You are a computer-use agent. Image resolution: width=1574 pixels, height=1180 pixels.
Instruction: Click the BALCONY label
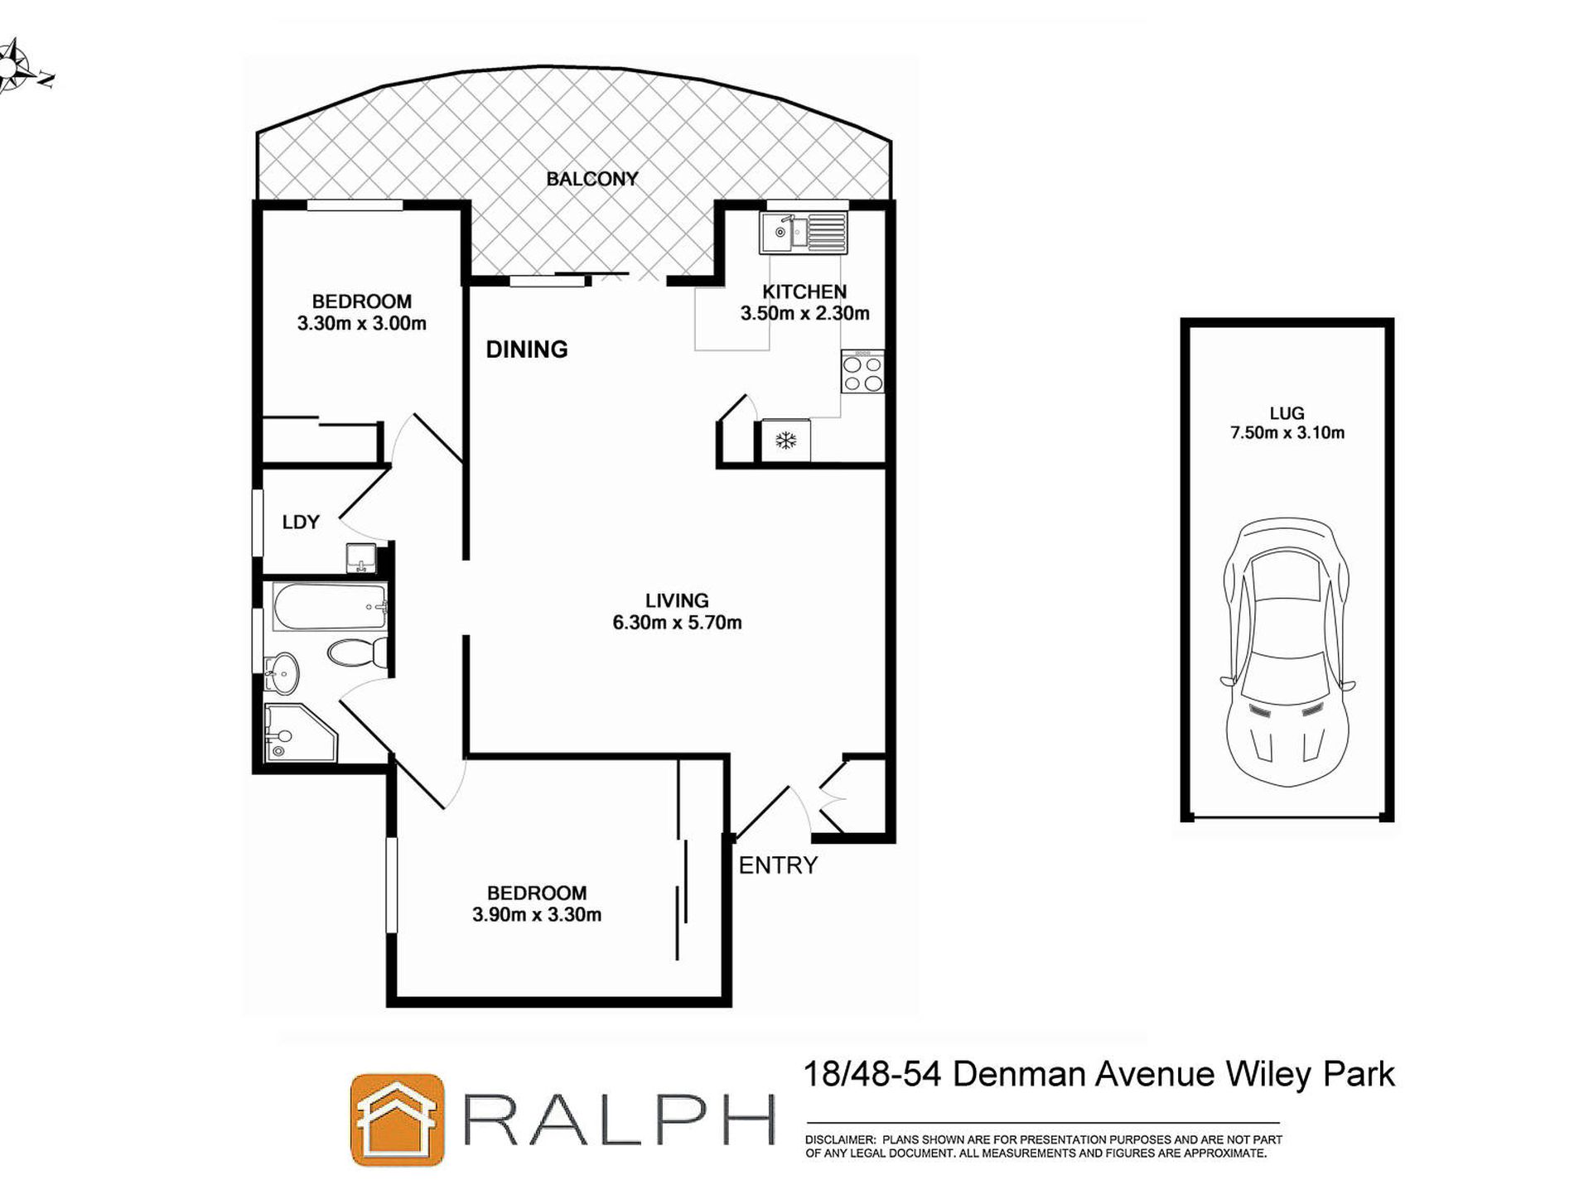click(x=591, y=179)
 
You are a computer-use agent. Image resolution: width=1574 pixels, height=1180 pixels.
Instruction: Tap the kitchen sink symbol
click(x=803, y=233)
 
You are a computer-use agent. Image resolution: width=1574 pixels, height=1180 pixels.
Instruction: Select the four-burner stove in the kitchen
click(x=862, y=373)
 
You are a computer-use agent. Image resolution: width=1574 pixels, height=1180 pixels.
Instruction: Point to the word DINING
click(x=527, y=349)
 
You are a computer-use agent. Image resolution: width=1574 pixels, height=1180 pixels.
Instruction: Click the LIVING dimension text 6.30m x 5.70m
click(x=677, y=623)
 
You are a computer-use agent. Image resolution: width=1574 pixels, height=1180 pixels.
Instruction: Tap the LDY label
click(x=301, y=522)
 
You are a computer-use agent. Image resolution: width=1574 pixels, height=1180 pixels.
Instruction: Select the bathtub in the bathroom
click(x=330, y=608)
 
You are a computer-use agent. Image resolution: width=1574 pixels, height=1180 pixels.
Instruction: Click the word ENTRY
click(x=778, y=865)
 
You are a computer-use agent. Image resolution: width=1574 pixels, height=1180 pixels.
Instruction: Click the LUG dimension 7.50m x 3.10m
click(x=1287, y=432)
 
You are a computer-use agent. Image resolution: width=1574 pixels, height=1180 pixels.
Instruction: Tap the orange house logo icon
click(x=397, y=1120)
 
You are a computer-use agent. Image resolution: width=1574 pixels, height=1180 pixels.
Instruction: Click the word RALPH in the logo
click(x=617, y=1120)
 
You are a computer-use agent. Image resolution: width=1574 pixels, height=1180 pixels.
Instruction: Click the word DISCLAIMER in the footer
click(x=839, y=1140)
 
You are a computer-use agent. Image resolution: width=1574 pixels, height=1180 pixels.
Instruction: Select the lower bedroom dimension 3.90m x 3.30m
click(x=537, y=915)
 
